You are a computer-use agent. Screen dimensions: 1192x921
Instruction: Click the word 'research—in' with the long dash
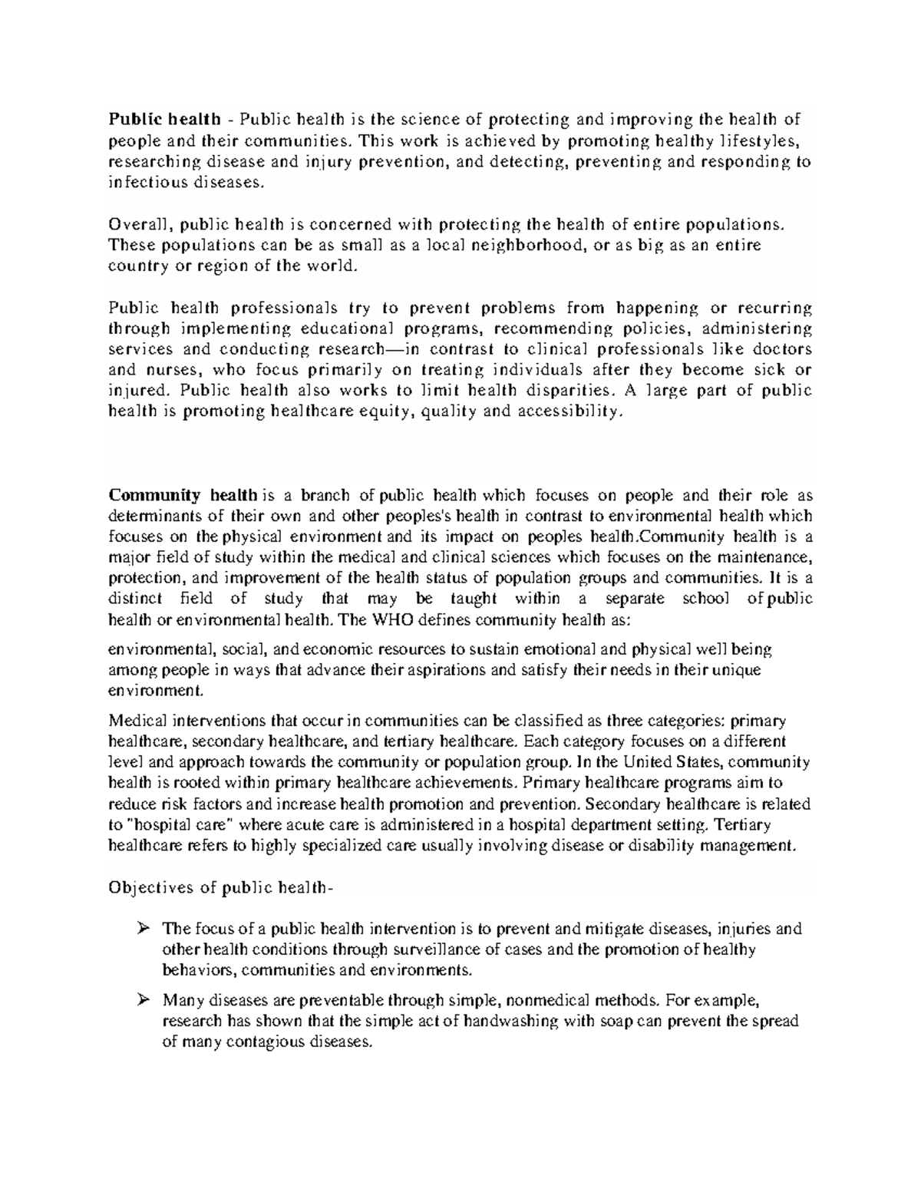click(361, 349)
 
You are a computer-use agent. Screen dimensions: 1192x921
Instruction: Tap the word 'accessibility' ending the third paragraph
click(566, 411)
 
